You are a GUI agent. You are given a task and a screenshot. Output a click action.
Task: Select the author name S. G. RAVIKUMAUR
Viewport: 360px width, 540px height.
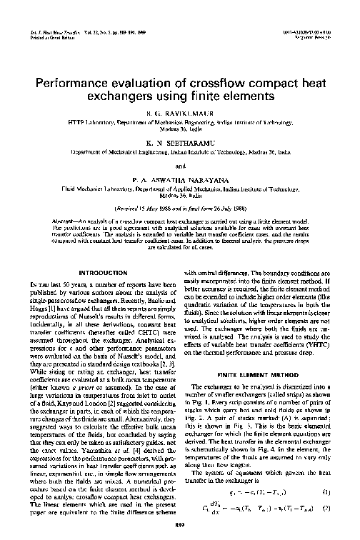tap(179, 114)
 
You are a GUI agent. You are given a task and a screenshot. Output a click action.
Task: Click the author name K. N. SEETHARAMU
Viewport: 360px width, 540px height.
tap(179, 143)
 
